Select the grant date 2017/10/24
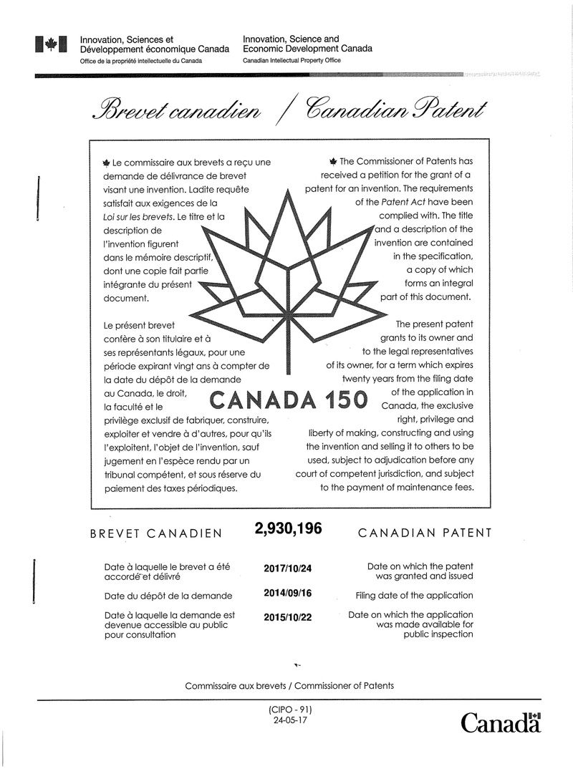[x=288, y=569]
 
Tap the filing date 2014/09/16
[x=288, y=593]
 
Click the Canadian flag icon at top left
[x=51, y=45]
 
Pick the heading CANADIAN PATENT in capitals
[x=424, y=533]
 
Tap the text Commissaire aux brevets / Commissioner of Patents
[x=289, y=685]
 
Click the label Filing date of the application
[x=414, y=595]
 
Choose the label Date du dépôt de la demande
[x=168, y=595]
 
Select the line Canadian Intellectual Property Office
[x=292, y=61]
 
